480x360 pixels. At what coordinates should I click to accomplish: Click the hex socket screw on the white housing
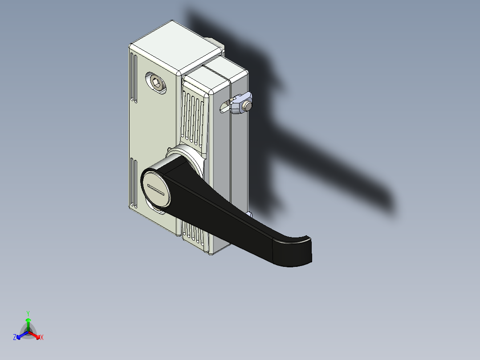point(156,82)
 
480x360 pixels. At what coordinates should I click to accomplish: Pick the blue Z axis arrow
point(20,335)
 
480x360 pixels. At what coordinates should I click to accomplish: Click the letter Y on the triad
point(28,313)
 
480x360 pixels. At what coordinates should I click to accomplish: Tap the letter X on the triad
point(42,338)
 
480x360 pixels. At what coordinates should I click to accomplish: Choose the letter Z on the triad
point(15,338)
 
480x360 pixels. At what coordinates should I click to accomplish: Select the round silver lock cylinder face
point(156,190)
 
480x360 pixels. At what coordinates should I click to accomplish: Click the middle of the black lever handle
point(223,214)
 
